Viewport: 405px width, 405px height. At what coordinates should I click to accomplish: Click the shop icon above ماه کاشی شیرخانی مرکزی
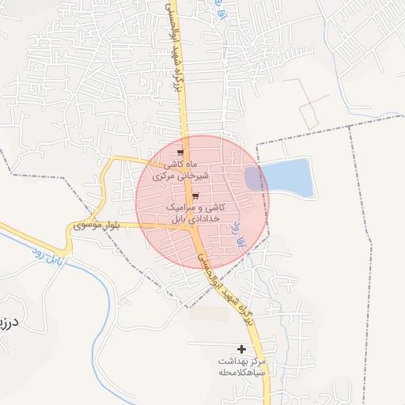coord(181,153)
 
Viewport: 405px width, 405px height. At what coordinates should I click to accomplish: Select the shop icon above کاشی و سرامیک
coord(195,196)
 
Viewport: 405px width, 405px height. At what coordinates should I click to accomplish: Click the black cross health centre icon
coord(242,349)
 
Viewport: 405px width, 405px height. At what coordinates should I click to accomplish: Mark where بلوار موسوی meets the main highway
coord(190,225)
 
